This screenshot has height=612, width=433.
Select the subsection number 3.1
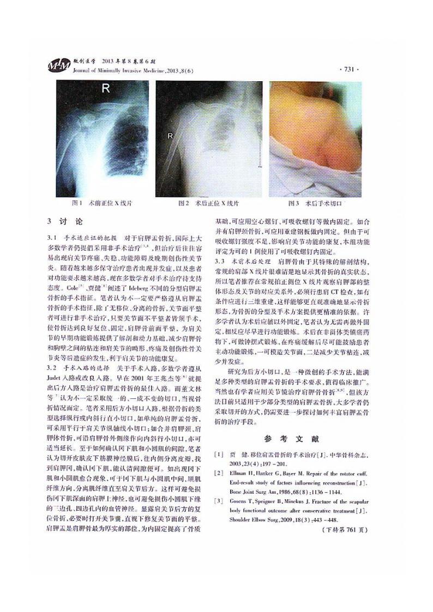click(52, 238)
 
